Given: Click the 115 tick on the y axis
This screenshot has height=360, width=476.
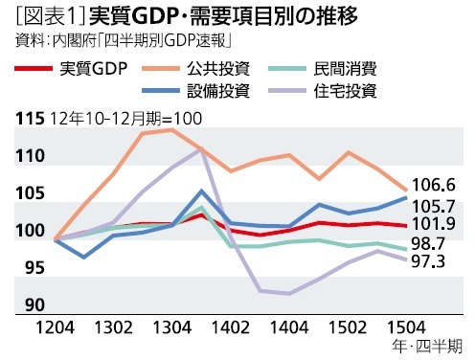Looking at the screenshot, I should (x=31, y=119).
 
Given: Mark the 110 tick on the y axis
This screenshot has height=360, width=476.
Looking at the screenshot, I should (x=31, y=156).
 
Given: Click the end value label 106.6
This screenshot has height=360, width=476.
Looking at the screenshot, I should (x=432, y=185).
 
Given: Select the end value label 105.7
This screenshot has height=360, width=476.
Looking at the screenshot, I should (x=432, y=205).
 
